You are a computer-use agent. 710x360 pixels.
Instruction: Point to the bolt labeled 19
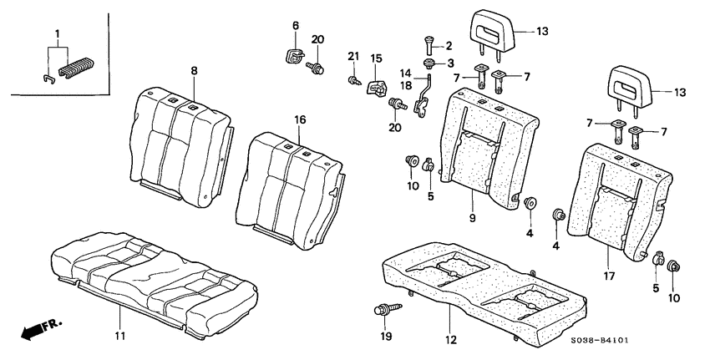tap(382, 312)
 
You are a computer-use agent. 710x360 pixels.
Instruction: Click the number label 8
tap(194, 72)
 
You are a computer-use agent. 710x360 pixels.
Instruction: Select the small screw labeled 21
tap(352, 80)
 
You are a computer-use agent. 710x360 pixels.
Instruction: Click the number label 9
tap(473, 217)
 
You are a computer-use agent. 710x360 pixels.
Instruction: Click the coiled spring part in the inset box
tap(76, 69)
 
